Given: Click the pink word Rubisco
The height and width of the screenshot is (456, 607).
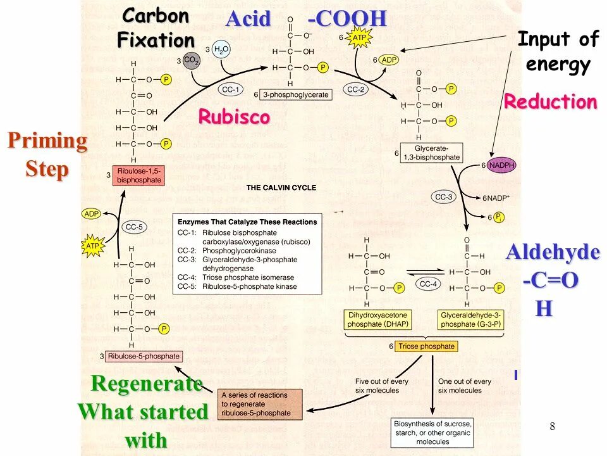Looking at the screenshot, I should pyautogui.click(x=234, y=117).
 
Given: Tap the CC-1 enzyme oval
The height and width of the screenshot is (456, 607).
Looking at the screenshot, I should pyautogui.click(x=230, y=90).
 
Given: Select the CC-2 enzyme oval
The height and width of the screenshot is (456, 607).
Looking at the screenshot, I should pyautogui.click(x=356, y=90).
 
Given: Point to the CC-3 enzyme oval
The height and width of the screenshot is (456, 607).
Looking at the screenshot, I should pyautogui.click(x=445, y=197).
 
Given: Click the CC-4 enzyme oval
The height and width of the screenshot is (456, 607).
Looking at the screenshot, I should pyautogui.click(x=429, y=284).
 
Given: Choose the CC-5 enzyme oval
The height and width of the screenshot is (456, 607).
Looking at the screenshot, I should pyautogui.click(x=135, y=227).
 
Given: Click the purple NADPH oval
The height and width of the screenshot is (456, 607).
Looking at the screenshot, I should pyautogui.click(x=501, y=165).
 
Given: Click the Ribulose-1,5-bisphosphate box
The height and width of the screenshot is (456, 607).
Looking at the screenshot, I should pyautogui.click(x=138, y=175).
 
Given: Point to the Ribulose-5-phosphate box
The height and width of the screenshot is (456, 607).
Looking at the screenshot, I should pyautogui.click(x=144, y=357).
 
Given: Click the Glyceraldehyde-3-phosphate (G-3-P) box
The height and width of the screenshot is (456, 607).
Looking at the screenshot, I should pyautogui.click(x=470, y=320).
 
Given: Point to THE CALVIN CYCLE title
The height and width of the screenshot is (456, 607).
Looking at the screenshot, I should pyautogui.click(x=281, y=188).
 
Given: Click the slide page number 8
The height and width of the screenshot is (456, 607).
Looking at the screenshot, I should pyautogui.click(x=552, y=426).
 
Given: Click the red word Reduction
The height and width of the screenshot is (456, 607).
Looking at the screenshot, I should pyautogui.click(x=550, y=102).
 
